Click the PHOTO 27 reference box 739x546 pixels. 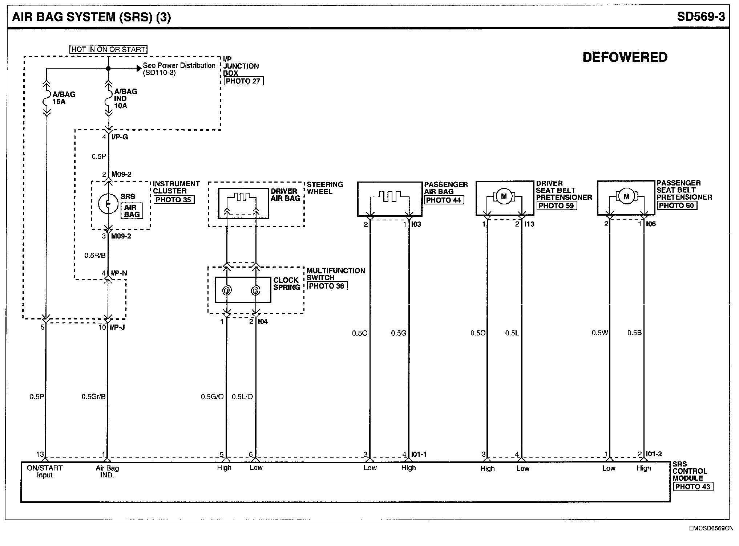tap(243, 81)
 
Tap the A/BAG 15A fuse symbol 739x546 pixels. tap(47, 98)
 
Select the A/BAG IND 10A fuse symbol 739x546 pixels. tap(108, 98)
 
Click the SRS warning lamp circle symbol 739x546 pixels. tap(108, 204)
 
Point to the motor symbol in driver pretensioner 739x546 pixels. tap(504, 196)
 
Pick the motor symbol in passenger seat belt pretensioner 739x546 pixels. tap(626, 196)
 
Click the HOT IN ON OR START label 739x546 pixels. tap(108, 49)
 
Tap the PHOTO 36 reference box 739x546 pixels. tap(327, 286)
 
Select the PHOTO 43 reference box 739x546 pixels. tap(692, 486)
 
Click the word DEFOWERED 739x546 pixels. tap(625, 57)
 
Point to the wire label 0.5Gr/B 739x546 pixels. tap(93, 396)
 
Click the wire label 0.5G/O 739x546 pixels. tap(212, 396)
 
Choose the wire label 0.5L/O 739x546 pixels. tap(242, 396)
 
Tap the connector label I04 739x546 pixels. tap(263, 321)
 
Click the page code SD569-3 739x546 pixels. tap(701, 17)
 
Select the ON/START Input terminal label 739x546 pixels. tap(45, 471)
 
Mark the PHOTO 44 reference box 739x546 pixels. tap(444, 200)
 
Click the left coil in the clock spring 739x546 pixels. tap(226, 290)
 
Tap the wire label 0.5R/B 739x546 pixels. tap(95, 255)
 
